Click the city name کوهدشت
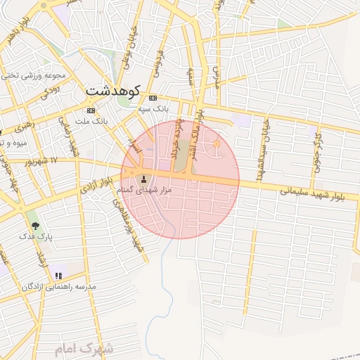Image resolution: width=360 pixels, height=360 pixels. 113,91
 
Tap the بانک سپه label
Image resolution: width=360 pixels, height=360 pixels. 153,109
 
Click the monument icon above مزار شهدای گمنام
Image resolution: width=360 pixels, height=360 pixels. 145,179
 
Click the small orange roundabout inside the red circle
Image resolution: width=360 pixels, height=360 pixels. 217,144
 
